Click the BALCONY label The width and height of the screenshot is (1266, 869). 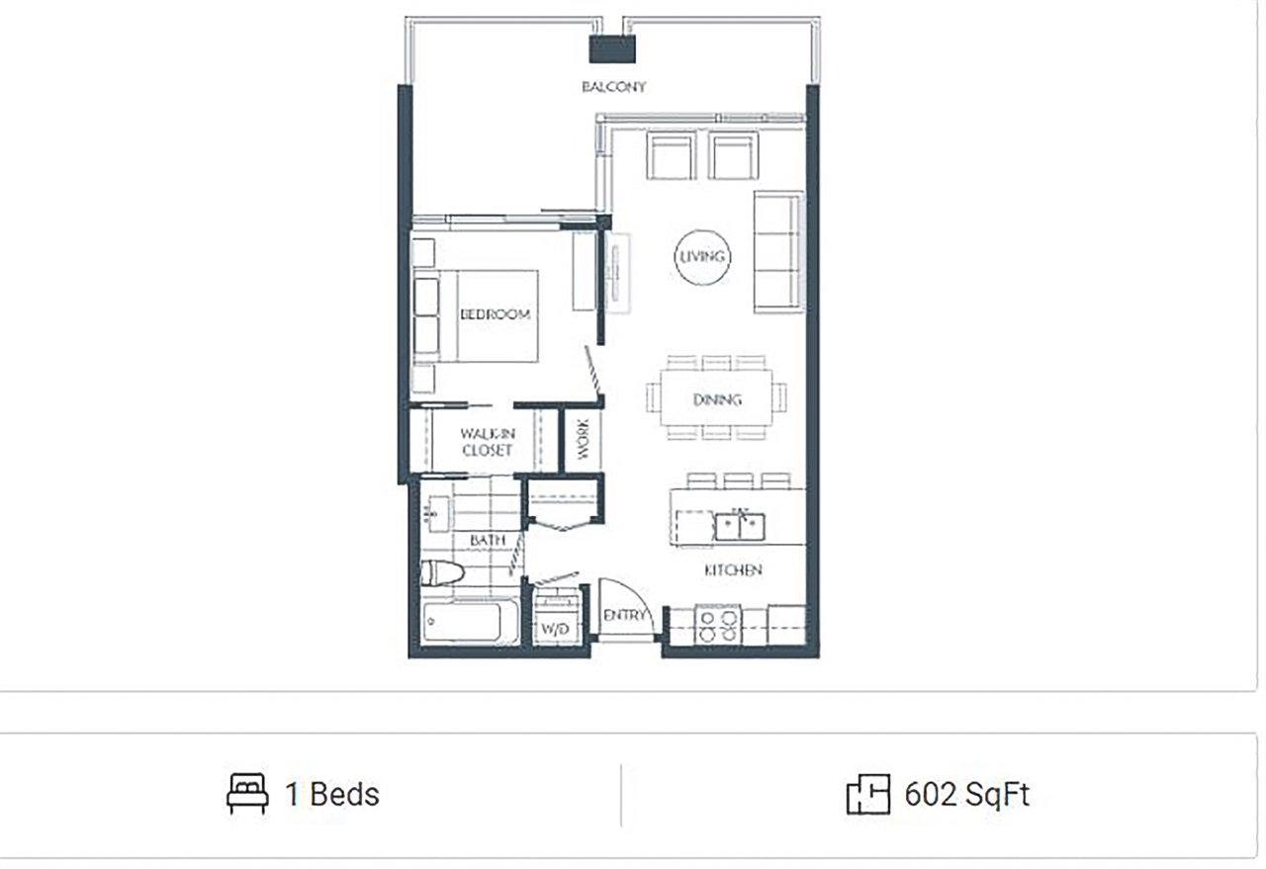(614, 87)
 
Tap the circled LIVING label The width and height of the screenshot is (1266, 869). (702, 257)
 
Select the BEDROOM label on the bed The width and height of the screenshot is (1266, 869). (496, 314)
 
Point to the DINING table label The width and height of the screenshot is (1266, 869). (717, 400)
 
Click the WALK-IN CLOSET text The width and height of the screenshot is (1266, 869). (488, 442)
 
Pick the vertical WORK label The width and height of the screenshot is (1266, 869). (583, 440)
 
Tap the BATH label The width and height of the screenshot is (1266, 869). (488, 540)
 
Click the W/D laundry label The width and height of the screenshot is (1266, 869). (555, 629)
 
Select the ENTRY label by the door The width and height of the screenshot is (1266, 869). (624, 615)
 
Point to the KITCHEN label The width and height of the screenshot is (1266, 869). (733, 570)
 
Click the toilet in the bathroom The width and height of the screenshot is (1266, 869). (442, 573)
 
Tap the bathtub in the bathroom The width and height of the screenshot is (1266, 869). (470, 622)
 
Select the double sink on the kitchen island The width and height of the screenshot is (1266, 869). (740, 526)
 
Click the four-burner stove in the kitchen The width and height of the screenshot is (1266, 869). (718, 625)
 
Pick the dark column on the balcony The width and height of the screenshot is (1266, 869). (612, 49)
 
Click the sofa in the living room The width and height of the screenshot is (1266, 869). (778, 252)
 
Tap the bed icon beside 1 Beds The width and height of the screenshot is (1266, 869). (247, 793)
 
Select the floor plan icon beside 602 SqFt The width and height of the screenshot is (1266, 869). (868, 794)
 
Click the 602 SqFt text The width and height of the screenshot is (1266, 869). (967, 795)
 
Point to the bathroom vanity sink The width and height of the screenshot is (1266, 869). (438, 514)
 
